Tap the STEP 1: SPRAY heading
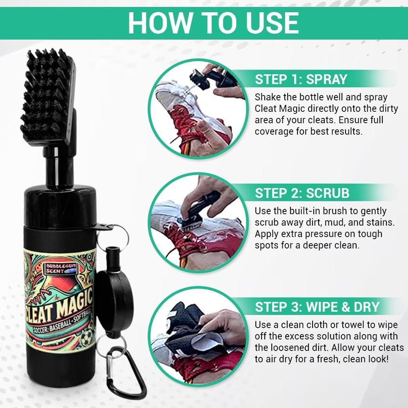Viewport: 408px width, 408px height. point(302,79)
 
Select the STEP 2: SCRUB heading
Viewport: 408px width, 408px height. point(302,193)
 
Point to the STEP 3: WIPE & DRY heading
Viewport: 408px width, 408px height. point(317,306)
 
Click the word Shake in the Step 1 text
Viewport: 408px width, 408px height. point(268,98)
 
